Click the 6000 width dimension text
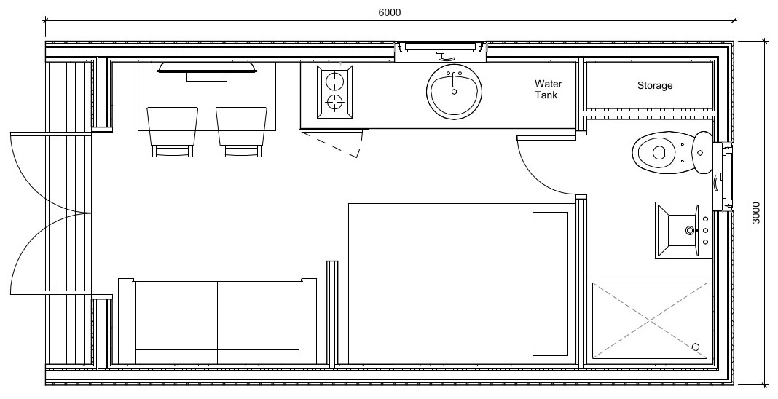click(390, 12)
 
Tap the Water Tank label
click(548, 90)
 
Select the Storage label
click(654, 86)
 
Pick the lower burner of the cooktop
click(334, 103)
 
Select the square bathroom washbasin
click(682, 231)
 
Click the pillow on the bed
click(550, 284)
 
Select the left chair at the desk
click(173, 129)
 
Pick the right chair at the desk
click(240, 129)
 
